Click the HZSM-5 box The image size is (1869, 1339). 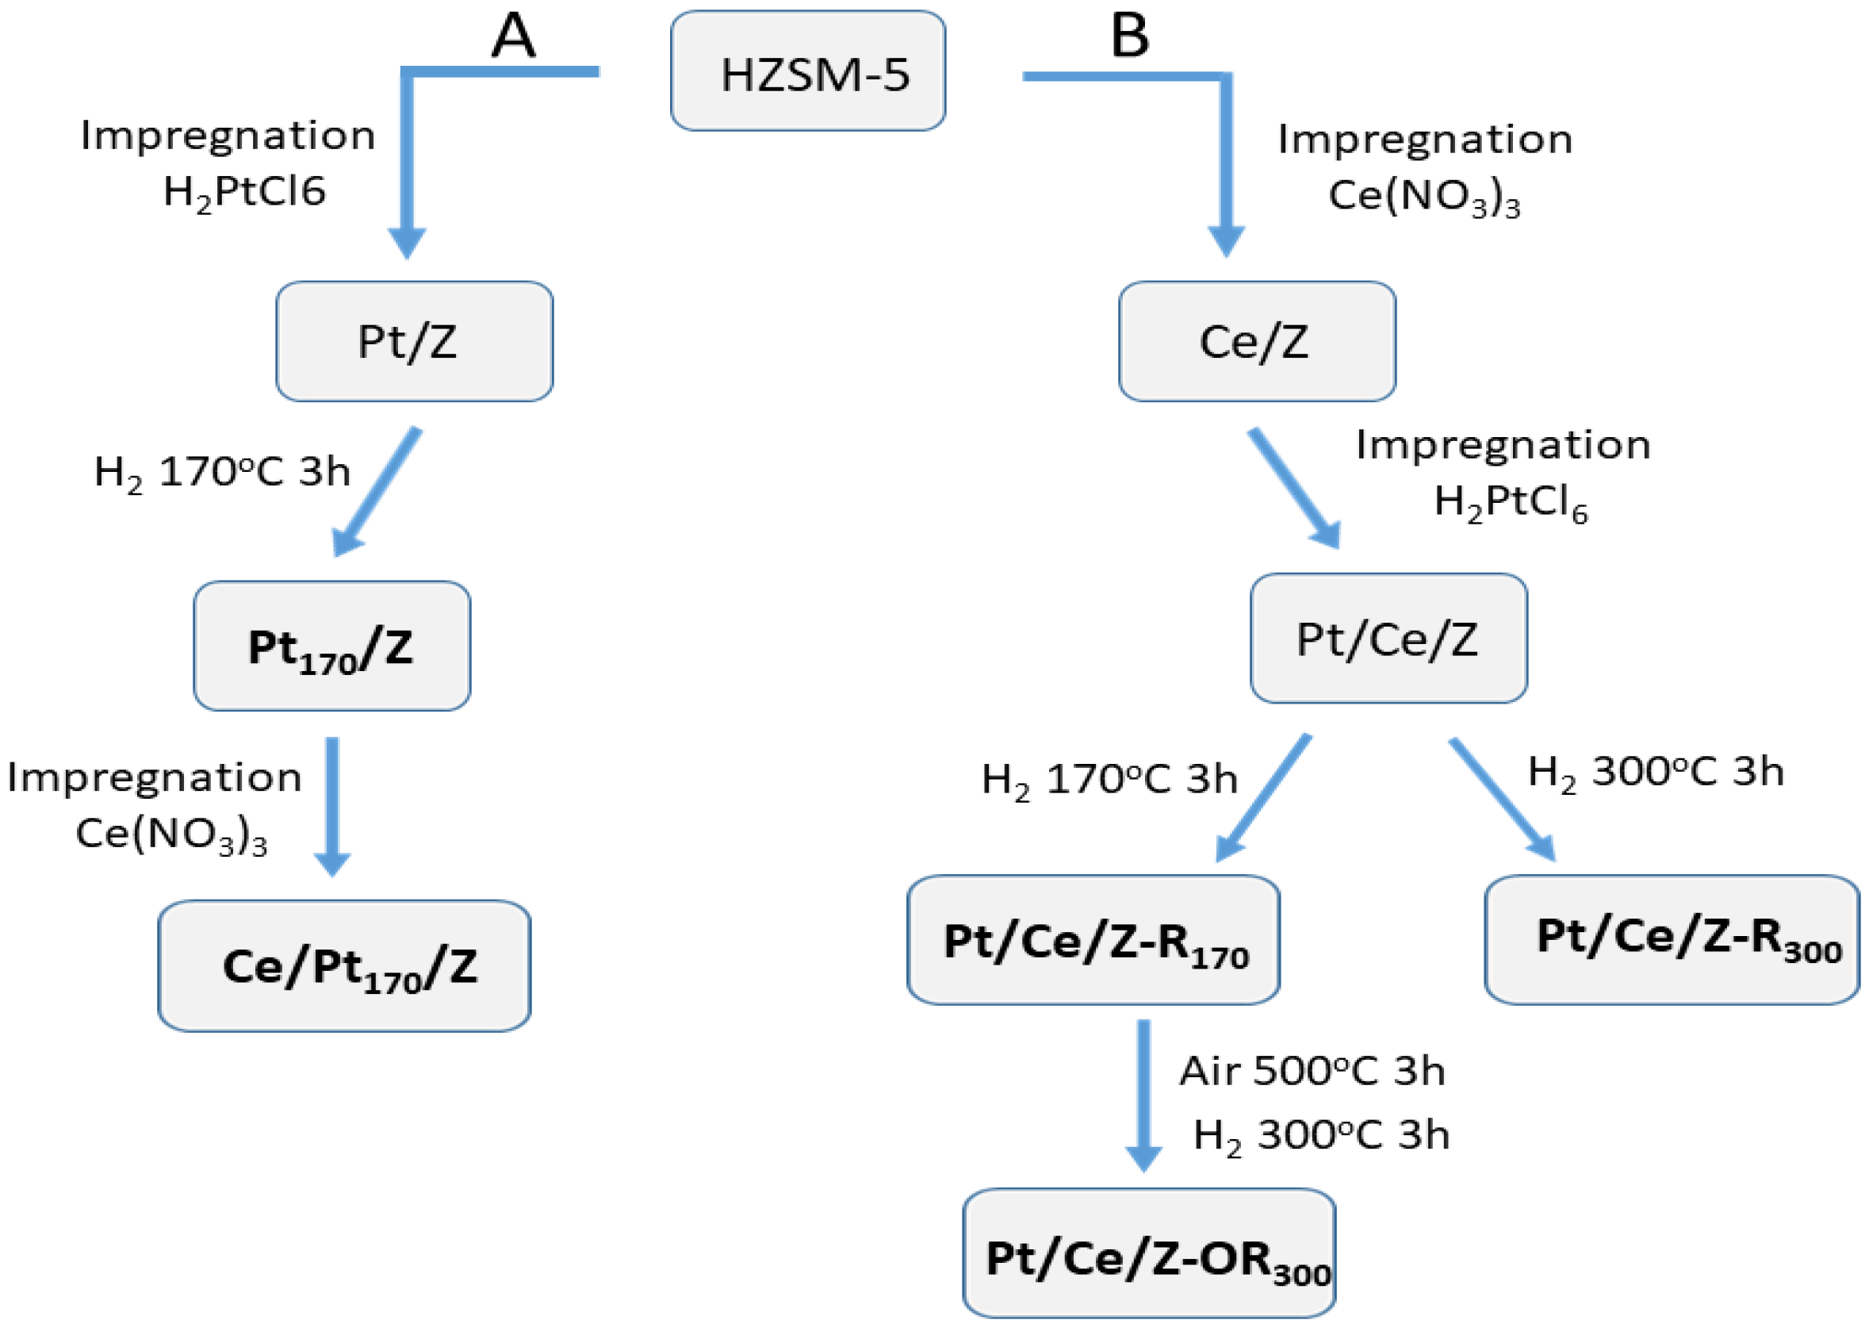[x=807, y=71]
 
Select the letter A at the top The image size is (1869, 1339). [x=513, y=36]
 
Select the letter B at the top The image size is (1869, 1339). [x=1130, y=36]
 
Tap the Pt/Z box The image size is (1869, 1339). [x=414, y=341]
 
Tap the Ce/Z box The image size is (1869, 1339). [x=1257, y=341]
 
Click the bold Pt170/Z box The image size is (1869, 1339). [x=332, y=646]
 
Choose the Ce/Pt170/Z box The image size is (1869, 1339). [x=344, y=965]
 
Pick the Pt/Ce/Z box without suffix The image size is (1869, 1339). [x=1388, y=639]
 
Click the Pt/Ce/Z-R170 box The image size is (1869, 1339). [x=1093, y=940]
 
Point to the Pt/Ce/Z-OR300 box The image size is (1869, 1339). [x=1149, y=1253]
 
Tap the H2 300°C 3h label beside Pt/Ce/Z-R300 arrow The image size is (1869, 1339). [x=1656, y=773]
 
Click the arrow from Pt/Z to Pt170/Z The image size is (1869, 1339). [x=377, y=491]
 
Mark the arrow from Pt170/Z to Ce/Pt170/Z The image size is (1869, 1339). [x=332, y=804]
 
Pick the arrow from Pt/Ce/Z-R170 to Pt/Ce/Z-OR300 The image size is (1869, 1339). [x=1143, y=1093]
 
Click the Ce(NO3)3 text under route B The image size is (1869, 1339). [x=1424, y=197]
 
